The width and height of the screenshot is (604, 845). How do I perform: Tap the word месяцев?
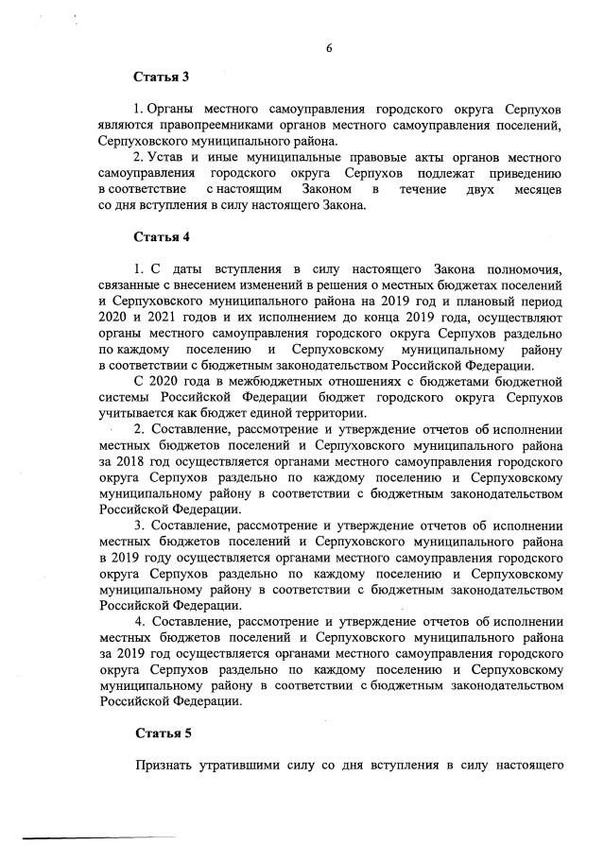pos(538,191)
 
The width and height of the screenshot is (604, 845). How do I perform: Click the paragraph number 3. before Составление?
pos(140,525)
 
